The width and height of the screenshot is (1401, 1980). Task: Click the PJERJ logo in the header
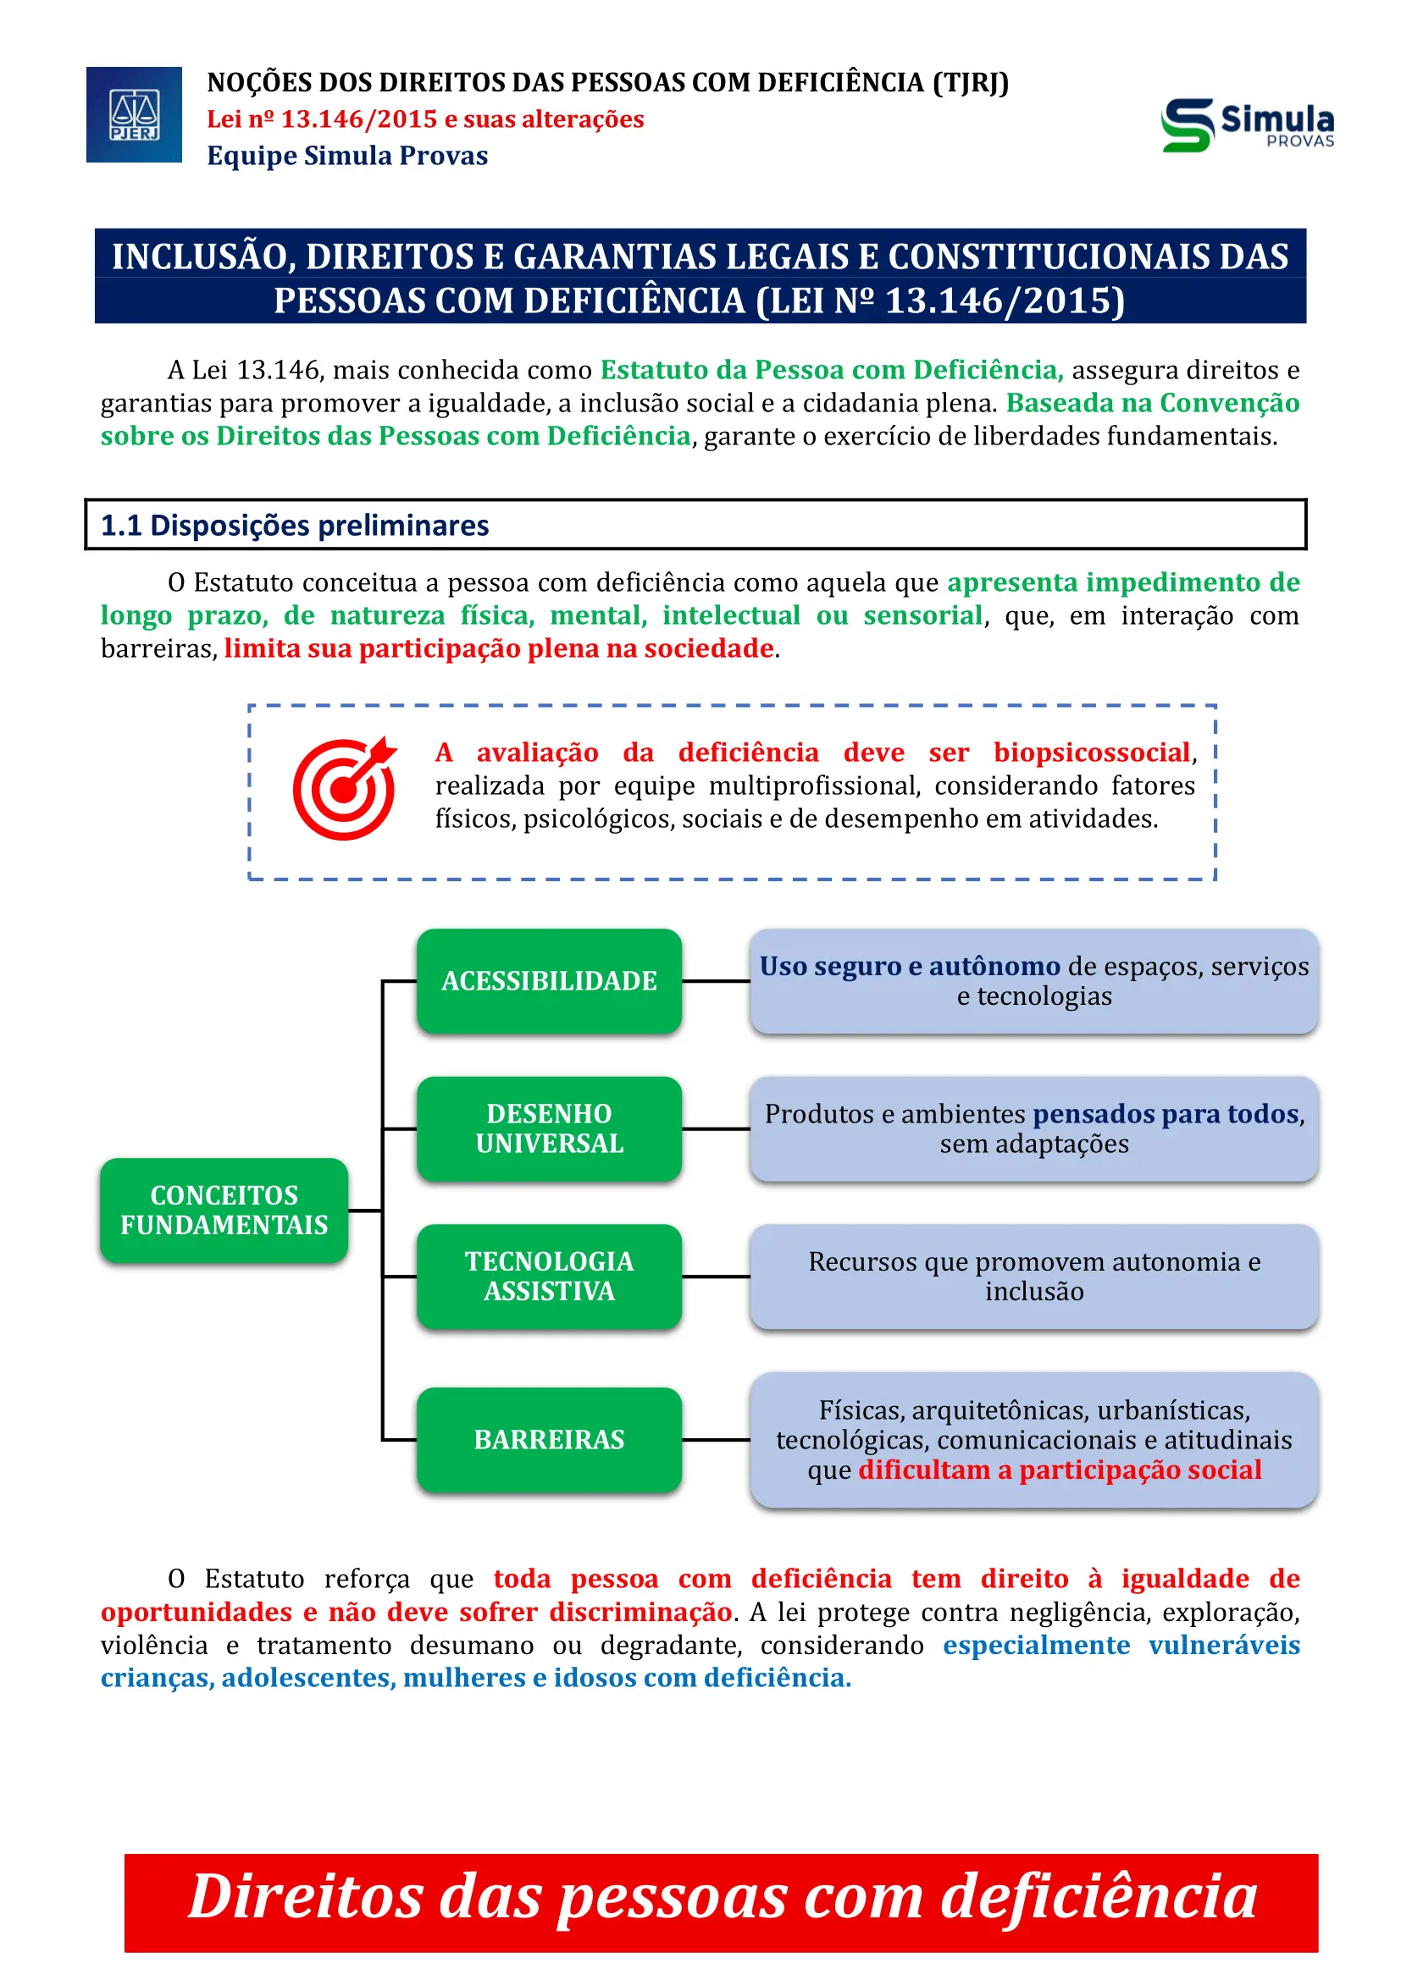[134, 114]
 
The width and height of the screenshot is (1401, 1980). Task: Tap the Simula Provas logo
[1247, 125]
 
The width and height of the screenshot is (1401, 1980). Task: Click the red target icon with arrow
[344, 788]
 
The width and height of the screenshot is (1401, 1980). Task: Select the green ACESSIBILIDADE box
[549, 980]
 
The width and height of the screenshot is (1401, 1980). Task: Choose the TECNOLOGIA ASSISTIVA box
[549, 1276]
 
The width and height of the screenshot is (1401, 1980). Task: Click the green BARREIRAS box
[549, 1439]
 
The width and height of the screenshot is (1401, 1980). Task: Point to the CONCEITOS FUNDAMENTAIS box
[224, 1210]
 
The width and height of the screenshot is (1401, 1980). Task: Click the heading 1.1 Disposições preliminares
[295, 525]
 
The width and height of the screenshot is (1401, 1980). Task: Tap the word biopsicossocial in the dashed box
[1091, 753]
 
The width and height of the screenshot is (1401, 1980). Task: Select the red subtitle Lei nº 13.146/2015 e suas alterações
[425, 119]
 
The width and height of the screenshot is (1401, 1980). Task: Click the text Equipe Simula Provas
[346, 156]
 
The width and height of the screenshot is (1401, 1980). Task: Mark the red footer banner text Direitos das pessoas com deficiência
[721, 1897]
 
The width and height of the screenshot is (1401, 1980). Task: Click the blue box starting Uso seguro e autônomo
[1033, 980]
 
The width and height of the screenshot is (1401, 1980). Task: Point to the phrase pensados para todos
[1166, 1114]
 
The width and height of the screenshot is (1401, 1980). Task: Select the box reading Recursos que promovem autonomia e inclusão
[1033, 1276]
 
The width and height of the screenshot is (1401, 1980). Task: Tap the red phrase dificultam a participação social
[1060, 1470]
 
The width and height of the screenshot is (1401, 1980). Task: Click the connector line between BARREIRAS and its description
[715, 1439]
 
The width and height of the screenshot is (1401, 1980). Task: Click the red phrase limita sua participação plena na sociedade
[499, 648]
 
